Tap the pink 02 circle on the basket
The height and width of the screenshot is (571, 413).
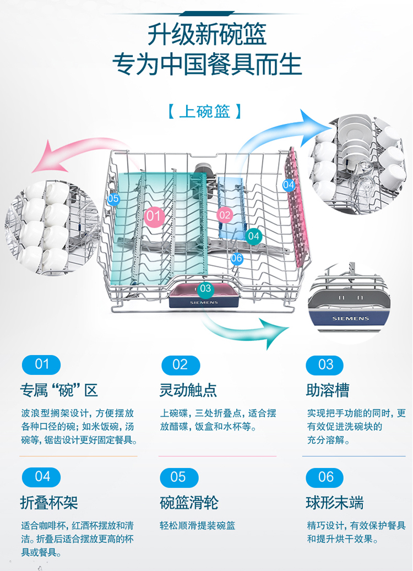click(x=225, y=215)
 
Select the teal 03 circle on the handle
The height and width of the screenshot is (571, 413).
click(x=205, y=289)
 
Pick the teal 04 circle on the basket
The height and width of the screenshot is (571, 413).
click(x=253, y=236)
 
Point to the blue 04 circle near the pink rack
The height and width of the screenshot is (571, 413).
click(x=289, y=184)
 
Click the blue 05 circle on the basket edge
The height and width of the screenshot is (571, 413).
click(x=113, y=199)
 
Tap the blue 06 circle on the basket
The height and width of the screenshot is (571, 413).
click(x=237, y=259)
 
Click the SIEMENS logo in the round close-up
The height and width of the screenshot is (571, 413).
click(x=350, y=319)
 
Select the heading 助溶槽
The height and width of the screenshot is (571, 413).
click(x=328, y=390)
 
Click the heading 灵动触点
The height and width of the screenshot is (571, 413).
click(x=188, y=390)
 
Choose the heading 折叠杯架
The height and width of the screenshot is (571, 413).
click(x=49, y=503)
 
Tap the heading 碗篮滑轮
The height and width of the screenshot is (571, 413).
click(x=189, y=503)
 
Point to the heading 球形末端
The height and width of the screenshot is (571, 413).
click(x=335, y=503)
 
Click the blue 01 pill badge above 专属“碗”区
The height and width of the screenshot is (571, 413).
click(x=41, y=365)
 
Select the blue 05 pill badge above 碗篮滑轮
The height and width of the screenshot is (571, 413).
click(x=179, y=477)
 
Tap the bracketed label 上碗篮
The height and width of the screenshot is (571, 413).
click(x=205, y=111)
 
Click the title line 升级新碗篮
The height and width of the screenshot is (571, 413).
click(x=207, y=34)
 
